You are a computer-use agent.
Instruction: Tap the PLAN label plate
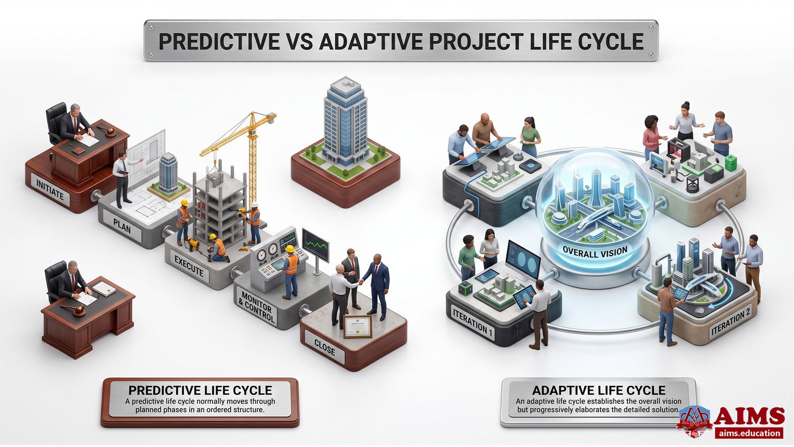(x=122, y=225)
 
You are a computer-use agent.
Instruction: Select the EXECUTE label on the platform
(x=189, y=266)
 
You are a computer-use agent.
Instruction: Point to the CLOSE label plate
(x=325, y=348)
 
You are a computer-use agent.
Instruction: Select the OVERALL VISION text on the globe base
(x=595, y=252)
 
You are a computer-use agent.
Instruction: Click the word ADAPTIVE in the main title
(x=371, y=41)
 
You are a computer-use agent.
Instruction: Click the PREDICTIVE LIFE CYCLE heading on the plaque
(x=200, y=390)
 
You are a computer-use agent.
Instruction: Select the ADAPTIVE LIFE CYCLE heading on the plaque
(x=598, y=390)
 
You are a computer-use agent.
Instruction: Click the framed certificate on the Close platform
(x=358, y=326)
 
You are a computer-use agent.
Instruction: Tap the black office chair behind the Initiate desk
(x=56, y=122)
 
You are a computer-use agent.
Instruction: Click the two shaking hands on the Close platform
(x=360, y=282)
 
